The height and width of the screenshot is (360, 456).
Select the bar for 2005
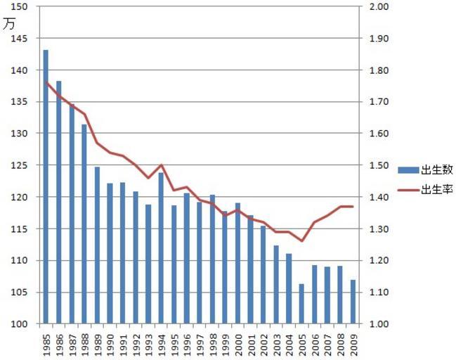pos(301,304)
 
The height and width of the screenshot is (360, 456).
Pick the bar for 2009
pos(353,302)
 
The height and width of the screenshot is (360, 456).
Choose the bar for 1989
pos(97,245)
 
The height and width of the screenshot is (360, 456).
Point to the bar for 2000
pos(237,263)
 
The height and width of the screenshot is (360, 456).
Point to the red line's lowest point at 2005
pos(301,241)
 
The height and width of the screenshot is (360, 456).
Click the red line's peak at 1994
pos(161,165)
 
